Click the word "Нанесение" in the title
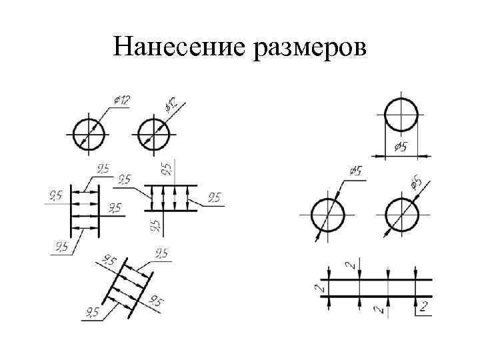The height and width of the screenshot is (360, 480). [178, 47]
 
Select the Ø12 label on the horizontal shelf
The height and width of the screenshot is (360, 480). [121, 99]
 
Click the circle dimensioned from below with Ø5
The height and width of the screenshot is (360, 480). [401, 115]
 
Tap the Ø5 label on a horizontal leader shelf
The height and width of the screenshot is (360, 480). [355, 172]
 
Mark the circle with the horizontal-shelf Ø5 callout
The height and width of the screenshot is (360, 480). [327, 215]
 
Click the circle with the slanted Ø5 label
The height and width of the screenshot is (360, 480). [401, 215]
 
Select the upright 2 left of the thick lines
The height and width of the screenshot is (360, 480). [318, 288]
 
